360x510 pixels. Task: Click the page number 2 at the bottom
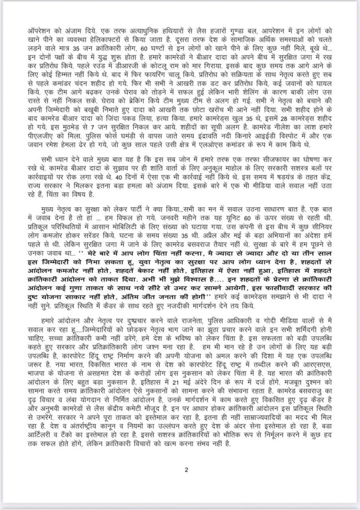[x=185, y=469]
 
